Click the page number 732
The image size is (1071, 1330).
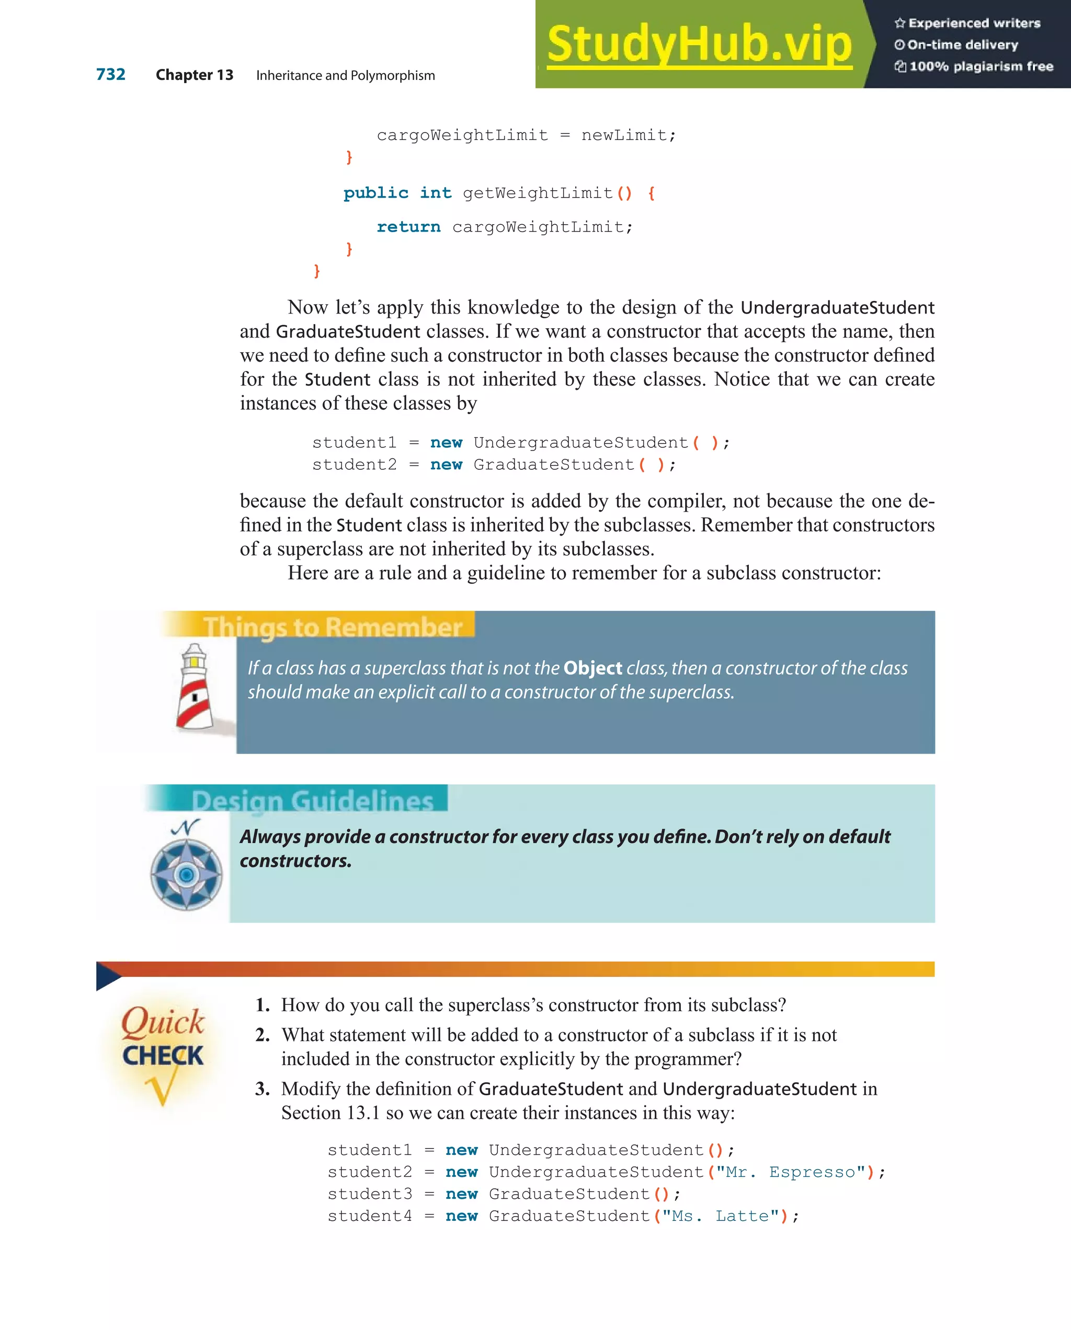(110, 75)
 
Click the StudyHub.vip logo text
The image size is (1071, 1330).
(699, 44)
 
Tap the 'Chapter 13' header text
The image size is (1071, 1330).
(194, 75)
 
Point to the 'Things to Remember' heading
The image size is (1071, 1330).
(333, 627)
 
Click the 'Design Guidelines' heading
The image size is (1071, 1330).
(312, 801)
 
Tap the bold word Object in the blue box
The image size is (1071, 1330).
(592, 668)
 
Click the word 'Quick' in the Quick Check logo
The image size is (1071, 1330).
(162, 1022)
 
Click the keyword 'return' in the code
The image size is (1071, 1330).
(408, 227)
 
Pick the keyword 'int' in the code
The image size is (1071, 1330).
(435, 193)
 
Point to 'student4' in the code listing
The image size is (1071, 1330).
(369, 1216)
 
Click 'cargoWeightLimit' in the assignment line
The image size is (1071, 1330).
(462, 135)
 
